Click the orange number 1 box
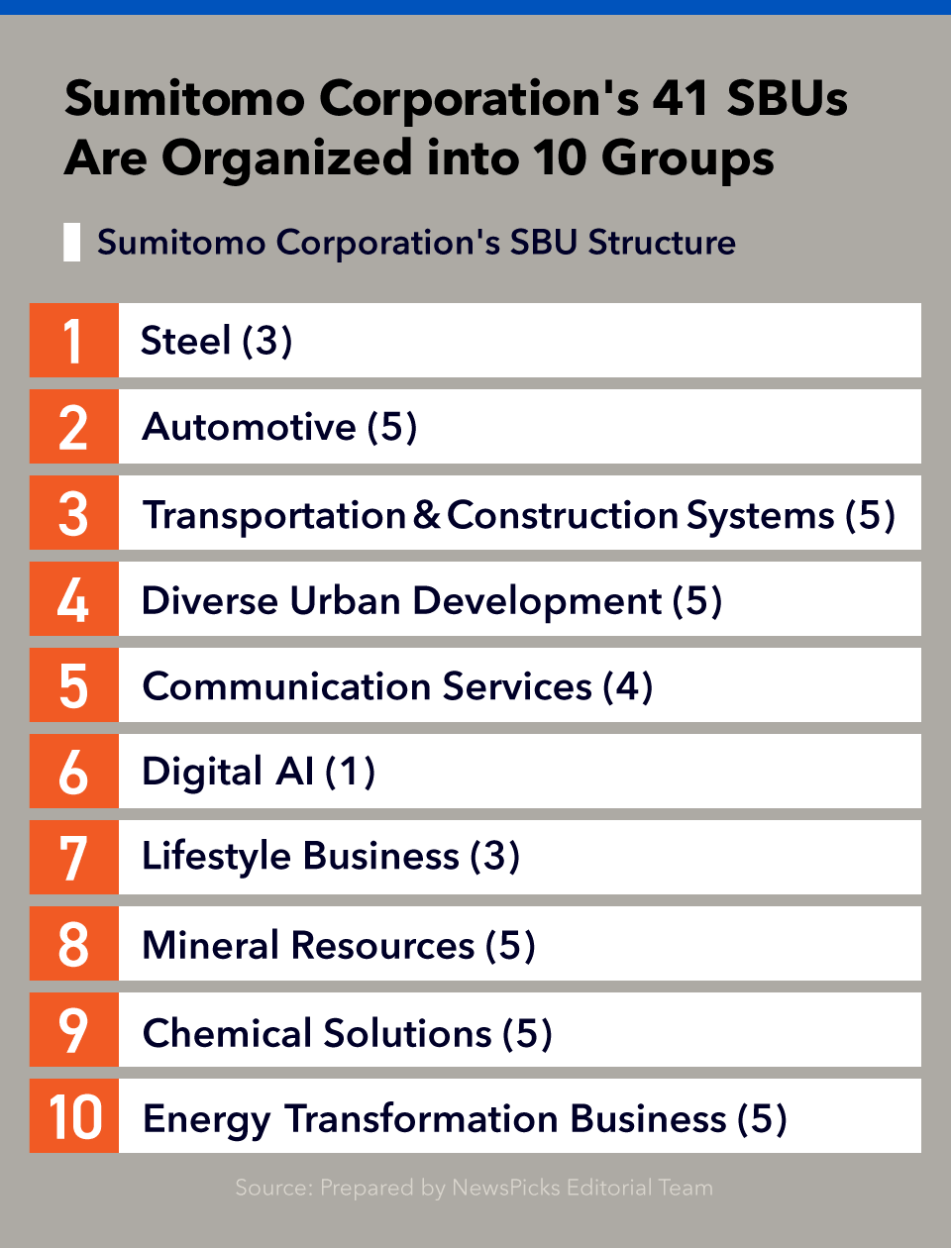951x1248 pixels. point(74,340)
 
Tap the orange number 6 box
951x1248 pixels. point(74,771)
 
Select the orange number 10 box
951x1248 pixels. point(74,1115)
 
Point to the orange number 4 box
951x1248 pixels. point(74,598)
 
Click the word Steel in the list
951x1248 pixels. point(186,340)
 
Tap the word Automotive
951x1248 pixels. point(249,427)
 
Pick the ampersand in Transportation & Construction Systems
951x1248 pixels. point(426,514)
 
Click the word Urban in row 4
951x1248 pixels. point(345,600)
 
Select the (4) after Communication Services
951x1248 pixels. point(627,686)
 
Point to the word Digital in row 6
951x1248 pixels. point(203,774)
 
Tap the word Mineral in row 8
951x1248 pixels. point(211,945)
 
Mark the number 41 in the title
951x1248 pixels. point(680,98)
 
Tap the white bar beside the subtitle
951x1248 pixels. point(71,243)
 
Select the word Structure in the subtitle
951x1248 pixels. point(662,243)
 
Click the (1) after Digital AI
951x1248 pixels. point(350,773)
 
